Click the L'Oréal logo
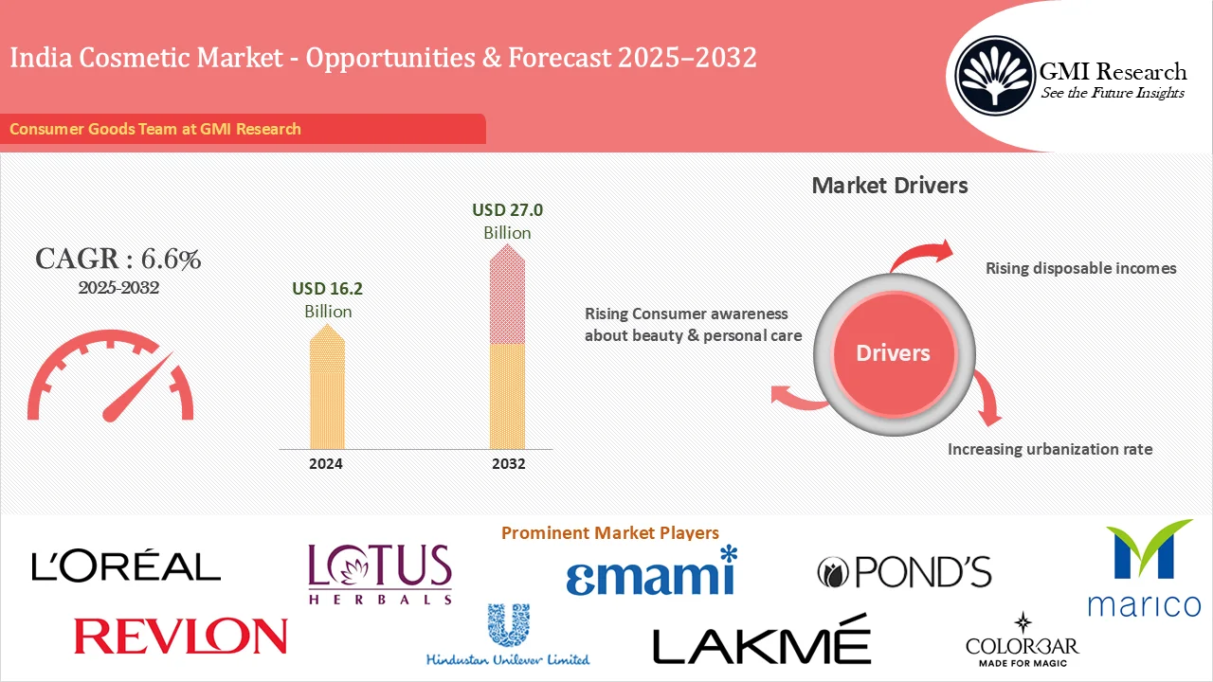[126, 565]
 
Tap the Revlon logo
[180, 636]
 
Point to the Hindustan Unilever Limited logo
[508, 636]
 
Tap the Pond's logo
[904, 571]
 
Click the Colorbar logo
[1022, 640]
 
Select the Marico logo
[1143, 568]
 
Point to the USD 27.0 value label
[507, 209]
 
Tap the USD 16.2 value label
[328, 288]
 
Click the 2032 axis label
[508, 464]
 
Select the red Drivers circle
[893, 353]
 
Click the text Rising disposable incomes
[1080, 268]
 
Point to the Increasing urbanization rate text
[1050, 449]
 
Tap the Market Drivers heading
[890, 185]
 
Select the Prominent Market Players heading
[609, 533]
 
